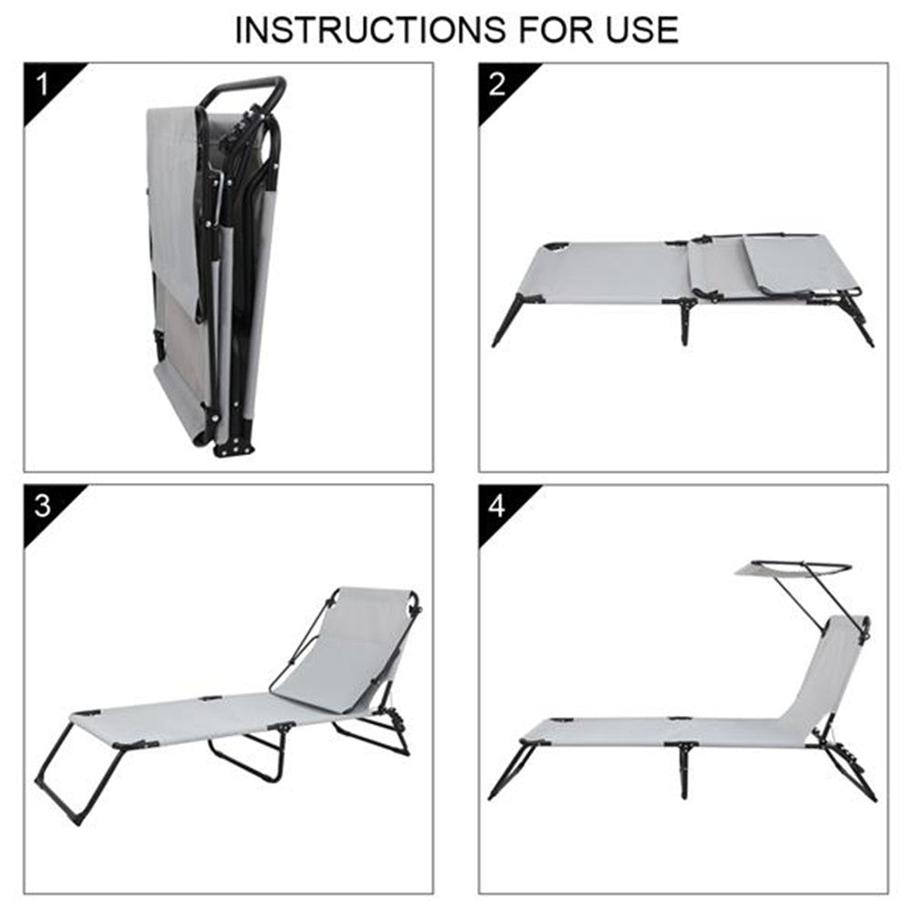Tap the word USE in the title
click(642, 30)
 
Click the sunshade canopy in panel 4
click(793, 569)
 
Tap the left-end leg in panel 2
click(512, 320)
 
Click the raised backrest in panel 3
click(349, 647)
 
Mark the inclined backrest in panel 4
click(827, 676)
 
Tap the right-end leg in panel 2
click(856, 319)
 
